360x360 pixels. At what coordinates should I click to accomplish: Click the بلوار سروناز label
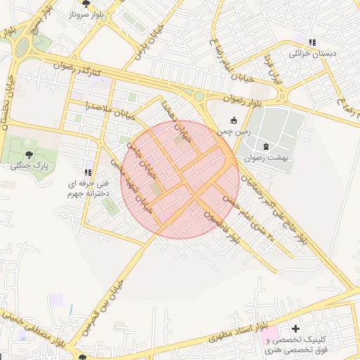click(x=87, y=14)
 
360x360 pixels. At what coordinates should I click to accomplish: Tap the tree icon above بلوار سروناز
click(x=87, y=3)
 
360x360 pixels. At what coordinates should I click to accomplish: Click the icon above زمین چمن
click(x=234, y=120)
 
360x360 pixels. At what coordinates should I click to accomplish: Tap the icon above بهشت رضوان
click(x=266, y=146)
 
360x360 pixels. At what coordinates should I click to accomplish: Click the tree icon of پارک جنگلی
click(x=29, y=155)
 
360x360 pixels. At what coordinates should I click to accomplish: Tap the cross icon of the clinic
click(x=296, y=328)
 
